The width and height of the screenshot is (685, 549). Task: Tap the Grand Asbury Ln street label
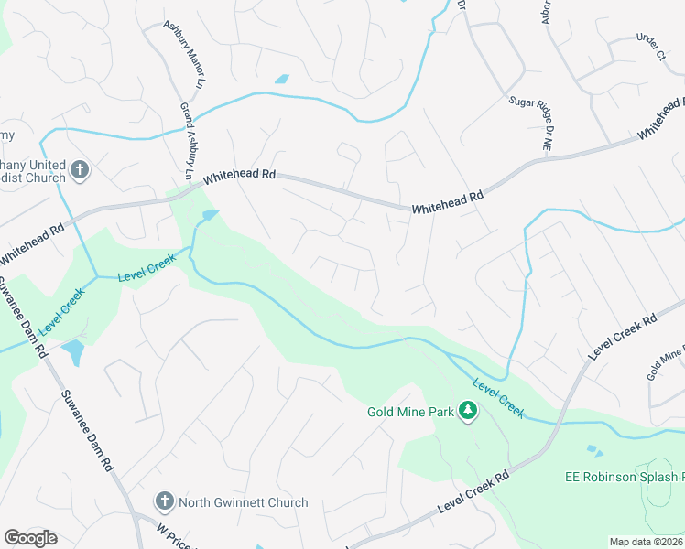click(x=188, y=140)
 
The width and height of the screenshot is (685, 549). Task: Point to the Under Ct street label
click(x=649, y=46)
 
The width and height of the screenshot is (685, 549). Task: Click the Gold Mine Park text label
click(x=411, y=412)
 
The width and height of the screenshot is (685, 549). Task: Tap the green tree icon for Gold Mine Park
click(x=469, y=411)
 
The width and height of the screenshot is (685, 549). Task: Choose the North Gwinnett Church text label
click(x=243, y=502)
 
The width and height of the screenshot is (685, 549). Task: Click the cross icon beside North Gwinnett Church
click(x=164, y=502)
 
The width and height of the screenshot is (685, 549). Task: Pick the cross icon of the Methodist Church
click(x=80, y=169)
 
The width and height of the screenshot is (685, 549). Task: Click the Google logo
click(x=30, y=538)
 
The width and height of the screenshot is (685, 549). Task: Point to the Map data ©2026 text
click(x=646, y=542)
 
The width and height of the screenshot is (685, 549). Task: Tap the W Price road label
click(x=173, y=536)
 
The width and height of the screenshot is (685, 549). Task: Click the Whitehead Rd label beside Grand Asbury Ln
click(x=240, y=175)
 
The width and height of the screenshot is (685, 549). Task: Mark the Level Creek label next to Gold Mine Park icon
click(x=499, y=399)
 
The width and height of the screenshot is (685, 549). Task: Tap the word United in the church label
click(x=45, y=165)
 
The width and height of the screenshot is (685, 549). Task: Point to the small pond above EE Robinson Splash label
click(x=597, y=451)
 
